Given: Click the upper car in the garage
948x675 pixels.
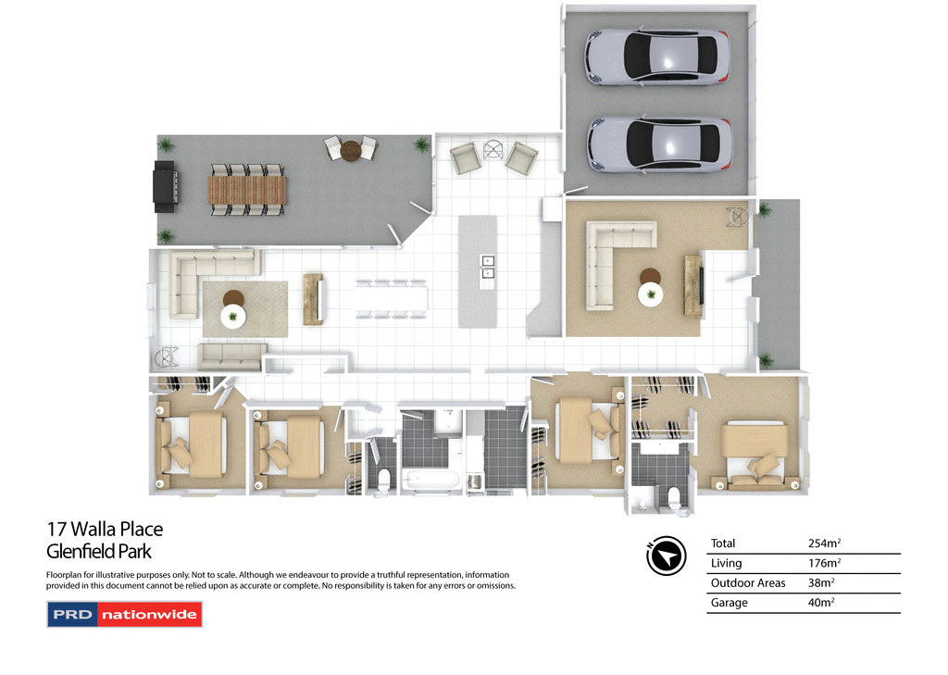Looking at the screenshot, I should click(x=656, y=57).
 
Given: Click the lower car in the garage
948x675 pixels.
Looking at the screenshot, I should click(x=658, y=144).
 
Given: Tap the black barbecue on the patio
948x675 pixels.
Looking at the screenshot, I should click(x=164, y=186).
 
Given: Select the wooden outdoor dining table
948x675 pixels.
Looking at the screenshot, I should click(x=247, y=190).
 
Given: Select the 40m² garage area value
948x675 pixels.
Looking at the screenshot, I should click(x=821, y=603).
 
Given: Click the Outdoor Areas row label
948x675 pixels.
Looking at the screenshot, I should click(x=747, y=583).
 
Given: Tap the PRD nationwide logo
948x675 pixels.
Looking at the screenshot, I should click(x=124, y=615).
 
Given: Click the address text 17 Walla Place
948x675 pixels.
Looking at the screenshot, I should click(x=105, y=530).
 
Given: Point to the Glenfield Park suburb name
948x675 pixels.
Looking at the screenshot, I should click(x=99, y=552).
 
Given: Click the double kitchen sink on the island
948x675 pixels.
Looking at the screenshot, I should click(x=487, y=267).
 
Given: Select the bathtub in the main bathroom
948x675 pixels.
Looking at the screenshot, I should click(x=427, y=480).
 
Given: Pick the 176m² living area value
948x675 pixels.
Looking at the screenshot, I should click(x=824, y=563).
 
